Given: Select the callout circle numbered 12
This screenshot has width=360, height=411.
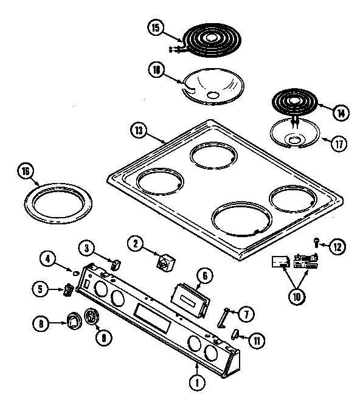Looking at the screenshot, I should click(x=337, y=247).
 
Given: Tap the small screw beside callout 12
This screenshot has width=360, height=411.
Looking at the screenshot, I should click(x=317, y=242).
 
